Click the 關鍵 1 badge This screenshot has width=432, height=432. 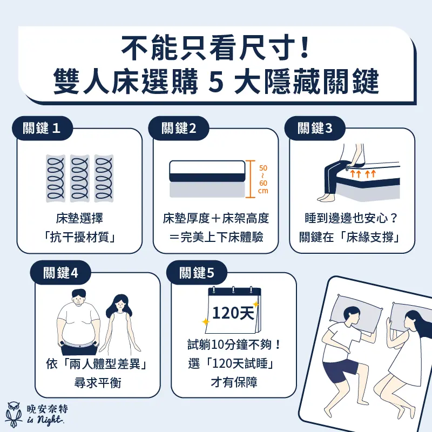(42, 129)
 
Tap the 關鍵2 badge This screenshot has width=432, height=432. (179, 129)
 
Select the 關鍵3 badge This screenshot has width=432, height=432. (315, 129)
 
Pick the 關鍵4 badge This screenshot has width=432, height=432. (60, 273)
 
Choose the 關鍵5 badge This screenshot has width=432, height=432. (197, 273)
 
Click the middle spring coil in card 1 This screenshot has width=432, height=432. (79, 178)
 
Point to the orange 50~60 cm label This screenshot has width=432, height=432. (263, 179)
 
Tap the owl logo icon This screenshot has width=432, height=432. (14, 414)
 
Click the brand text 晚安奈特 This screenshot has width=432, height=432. (47, 409)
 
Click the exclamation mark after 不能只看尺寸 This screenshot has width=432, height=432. (305, 48)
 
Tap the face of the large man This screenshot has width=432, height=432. (78, 299)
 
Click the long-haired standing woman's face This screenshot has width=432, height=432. (120, 305)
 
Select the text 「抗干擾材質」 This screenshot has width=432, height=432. (79, 237)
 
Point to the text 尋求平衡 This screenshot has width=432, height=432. (98, 383)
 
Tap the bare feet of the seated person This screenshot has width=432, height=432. (326, 197)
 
